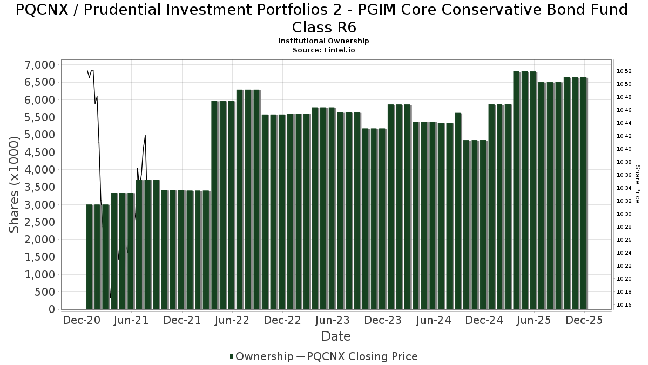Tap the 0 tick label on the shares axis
[51, 309]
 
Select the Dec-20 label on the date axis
[81, 320]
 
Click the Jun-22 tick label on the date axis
[232, 320]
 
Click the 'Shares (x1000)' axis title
[15, 184]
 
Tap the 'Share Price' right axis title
[637, 184]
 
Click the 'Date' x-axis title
[336, 336]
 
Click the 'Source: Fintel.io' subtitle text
[323, 50]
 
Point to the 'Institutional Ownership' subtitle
[323, 41]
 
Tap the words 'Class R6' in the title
[324, 27]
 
